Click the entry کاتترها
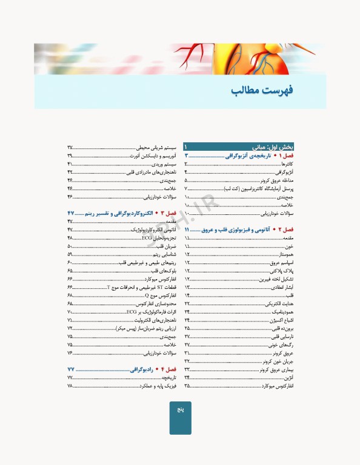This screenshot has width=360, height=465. point(287,164)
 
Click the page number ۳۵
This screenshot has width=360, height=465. point(187,385)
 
